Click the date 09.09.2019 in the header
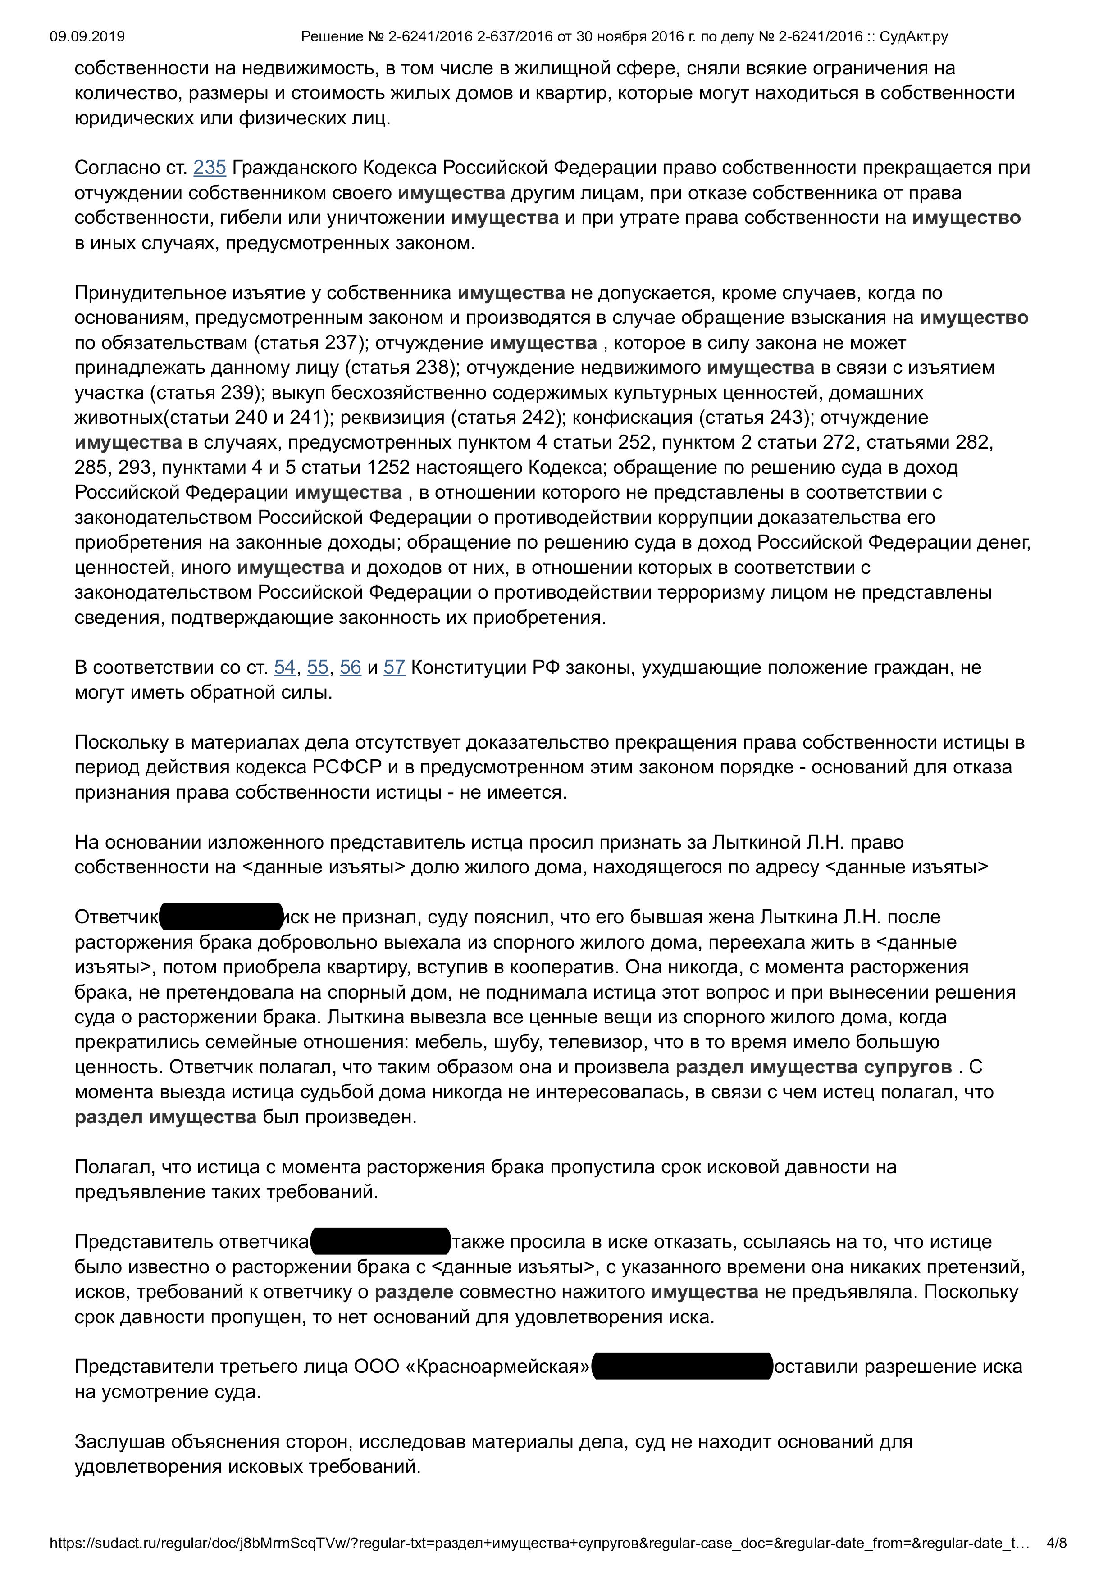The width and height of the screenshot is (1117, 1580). tap(87, 36)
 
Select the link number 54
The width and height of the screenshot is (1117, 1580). tap(284, 667)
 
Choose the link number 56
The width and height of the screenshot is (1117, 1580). tap(350, 667)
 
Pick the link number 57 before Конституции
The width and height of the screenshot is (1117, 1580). tap(394, 667)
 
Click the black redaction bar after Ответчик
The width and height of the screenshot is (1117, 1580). tap(221, 917)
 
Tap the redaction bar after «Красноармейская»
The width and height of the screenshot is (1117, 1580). tap(682, 1367)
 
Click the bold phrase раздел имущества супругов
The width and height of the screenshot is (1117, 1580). tap(813, 1067)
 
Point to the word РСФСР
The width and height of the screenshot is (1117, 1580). tap(347, 767)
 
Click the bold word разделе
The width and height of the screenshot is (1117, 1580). tap(414, 1292)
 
